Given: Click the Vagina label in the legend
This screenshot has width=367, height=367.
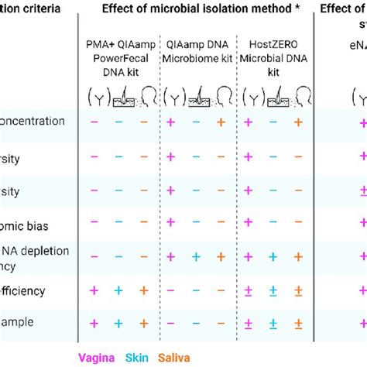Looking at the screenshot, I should pos(99,357).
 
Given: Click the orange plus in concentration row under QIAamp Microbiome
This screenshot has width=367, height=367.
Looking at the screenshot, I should pos(221,122).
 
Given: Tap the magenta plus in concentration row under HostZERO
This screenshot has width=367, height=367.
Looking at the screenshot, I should pos(248,122).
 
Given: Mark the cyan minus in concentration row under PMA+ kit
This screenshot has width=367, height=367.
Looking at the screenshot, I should pos(119,122).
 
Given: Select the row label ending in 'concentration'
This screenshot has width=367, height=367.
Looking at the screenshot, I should pos(39,122).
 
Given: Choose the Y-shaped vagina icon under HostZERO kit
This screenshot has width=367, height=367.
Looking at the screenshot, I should pos(249,97).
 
